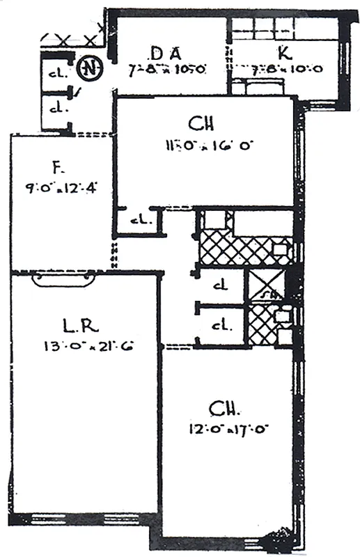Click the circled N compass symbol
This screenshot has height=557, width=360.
tap(88, 68)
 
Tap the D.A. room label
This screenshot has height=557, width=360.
tap(166, 54)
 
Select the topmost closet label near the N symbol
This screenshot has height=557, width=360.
tap(54, 74)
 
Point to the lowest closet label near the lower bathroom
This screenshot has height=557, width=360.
tap(221, 324)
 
